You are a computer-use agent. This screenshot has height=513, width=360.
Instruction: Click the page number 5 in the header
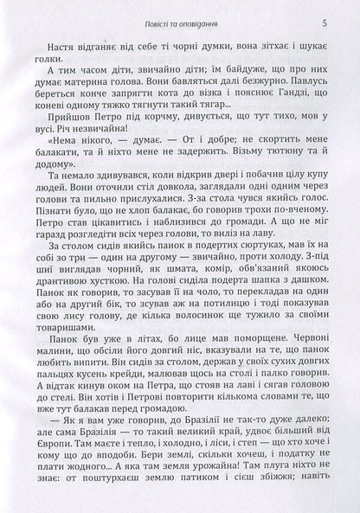[x=323, y=20]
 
